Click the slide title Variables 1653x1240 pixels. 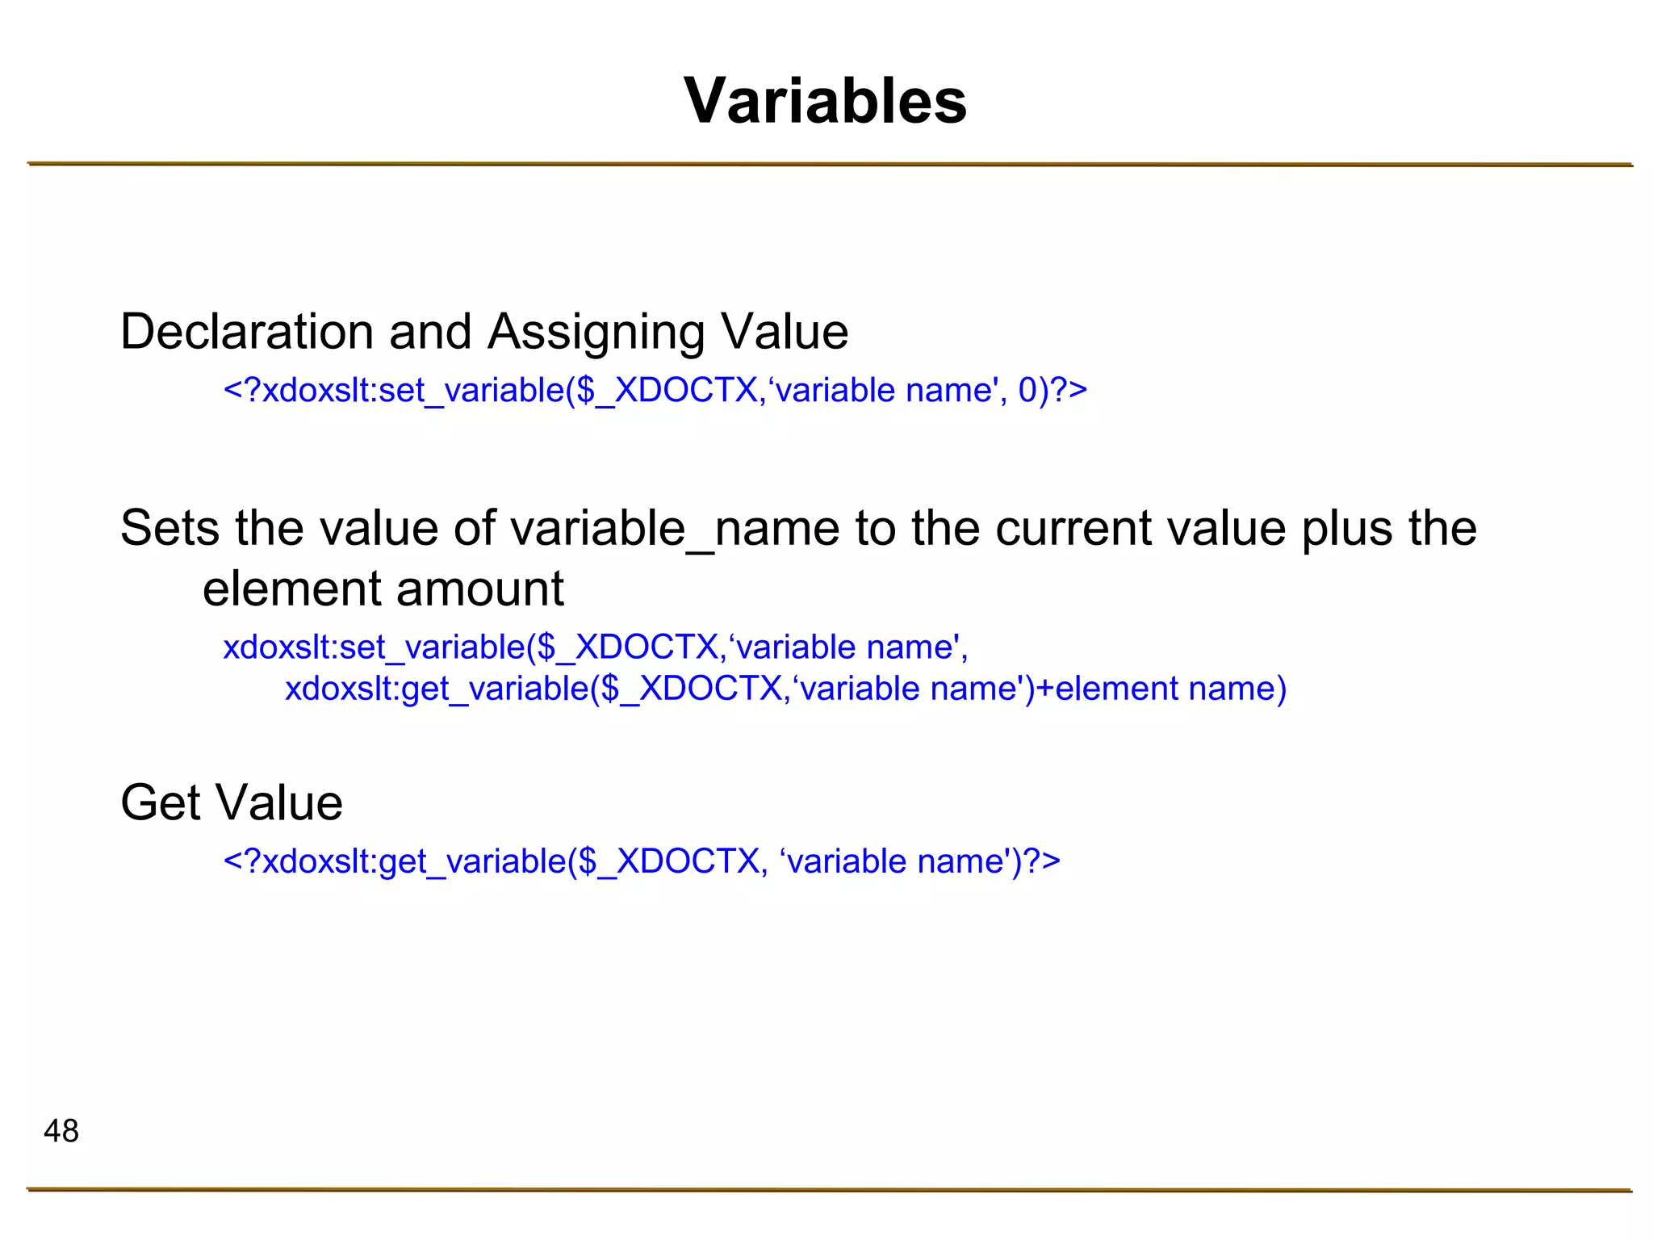coord(825,101)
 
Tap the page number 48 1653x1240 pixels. coord(61,1131)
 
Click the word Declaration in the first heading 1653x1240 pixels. coord(247,332)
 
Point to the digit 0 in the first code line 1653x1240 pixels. coord(1027,391)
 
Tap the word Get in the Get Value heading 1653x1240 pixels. coord(159,802)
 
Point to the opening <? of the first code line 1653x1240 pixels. coord(242,391)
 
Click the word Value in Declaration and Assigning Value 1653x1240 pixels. coord(784,332)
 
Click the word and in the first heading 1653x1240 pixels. coord(430,332)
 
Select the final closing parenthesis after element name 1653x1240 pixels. coord(1279,689)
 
